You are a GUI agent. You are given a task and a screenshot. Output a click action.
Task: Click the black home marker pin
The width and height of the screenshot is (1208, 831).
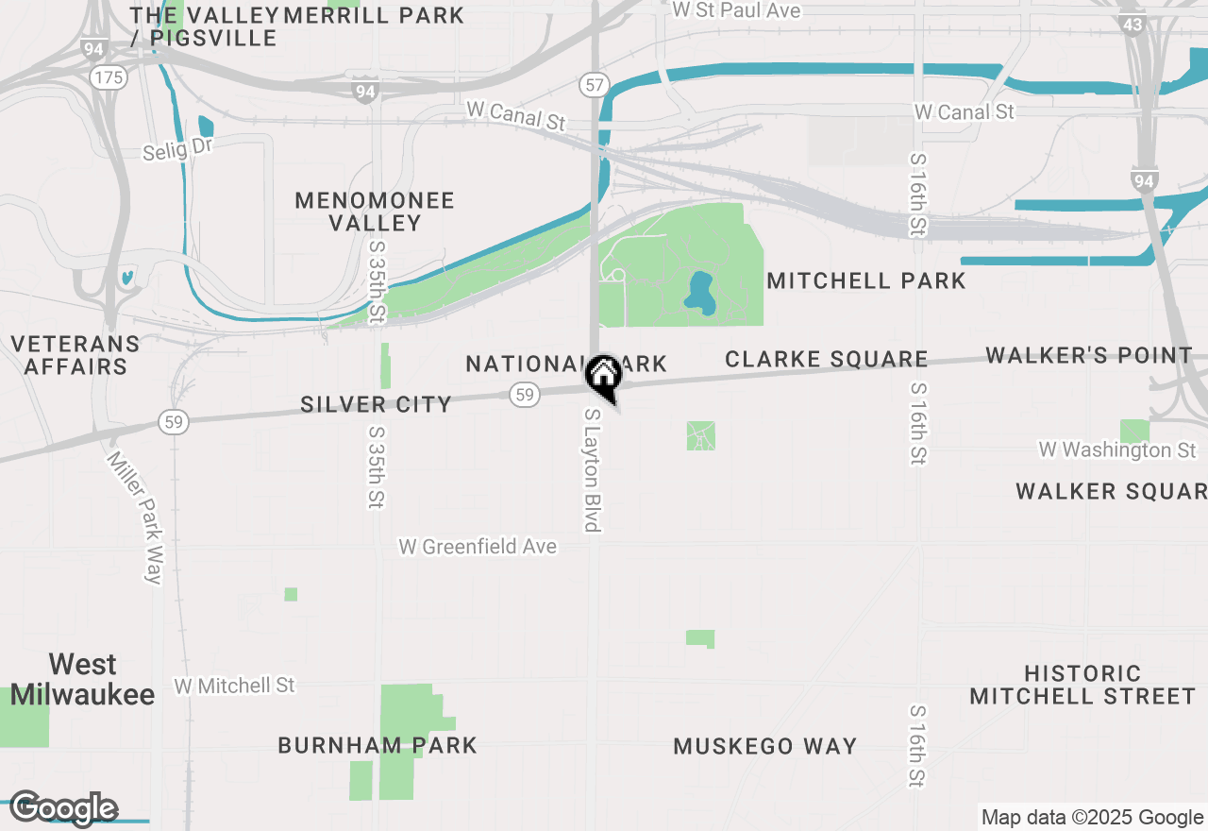tap(603, 377)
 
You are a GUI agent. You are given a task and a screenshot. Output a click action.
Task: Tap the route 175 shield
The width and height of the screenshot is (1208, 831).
tap(109, 77)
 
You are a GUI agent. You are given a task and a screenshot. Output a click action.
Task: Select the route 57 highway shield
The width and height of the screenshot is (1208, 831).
tap(594, 85)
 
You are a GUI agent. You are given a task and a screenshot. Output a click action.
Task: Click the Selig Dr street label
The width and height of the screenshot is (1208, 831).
tap(178, 147)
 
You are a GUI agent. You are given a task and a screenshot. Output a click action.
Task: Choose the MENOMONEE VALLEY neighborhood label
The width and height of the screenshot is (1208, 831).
tap(375, 212)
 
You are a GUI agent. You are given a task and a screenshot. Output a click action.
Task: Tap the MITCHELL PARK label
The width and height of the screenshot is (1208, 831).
tap(866, 280)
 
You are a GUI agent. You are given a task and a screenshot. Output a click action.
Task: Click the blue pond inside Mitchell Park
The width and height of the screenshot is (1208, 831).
tap(699, 293)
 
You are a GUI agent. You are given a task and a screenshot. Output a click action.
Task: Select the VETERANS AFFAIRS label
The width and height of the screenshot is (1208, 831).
tap(75, 355)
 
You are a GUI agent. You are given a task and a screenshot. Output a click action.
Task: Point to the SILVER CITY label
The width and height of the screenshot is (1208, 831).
tap(377, 404)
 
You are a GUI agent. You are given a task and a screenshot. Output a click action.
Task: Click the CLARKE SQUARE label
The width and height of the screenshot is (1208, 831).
tap(827, 359)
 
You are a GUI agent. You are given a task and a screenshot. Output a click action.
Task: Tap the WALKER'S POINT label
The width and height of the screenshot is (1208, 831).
tap(1089, 355)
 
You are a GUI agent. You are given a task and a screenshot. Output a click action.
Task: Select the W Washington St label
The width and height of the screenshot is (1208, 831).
tap(1117, 450)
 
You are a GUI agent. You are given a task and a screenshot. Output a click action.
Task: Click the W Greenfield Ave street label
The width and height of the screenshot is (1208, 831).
tap(478, 547)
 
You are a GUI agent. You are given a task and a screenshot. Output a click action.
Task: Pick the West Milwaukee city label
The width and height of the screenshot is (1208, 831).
tap(83, 680)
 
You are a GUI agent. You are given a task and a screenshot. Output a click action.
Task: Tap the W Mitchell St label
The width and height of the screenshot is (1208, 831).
tap(235, 685)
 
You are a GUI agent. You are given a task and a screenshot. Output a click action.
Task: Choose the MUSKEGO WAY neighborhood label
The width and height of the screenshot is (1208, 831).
tap(765, 746)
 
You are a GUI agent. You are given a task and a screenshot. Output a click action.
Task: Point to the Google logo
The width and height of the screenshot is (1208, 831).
tap(63, 808)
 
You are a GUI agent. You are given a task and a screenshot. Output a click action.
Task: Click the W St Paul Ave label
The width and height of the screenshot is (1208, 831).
tap(736, 10)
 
